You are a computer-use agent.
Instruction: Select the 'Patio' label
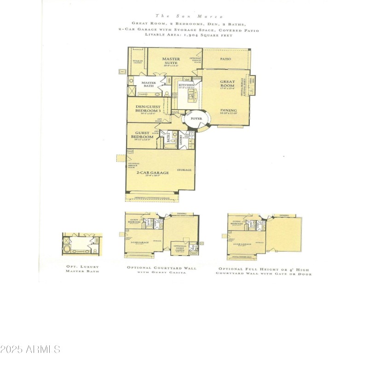pyautogui.click(x=225, y=59)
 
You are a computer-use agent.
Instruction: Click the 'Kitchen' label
pyautogui.click(x=186, y=86)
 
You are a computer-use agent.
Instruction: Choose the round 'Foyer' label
pyautogui.click(x=196, y=119)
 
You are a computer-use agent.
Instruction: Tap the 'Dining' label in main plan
pyautogui.click(x=228, y=110)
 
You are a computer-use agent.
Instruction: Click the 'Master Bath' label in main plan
pyautogui.click(x=149, y=85)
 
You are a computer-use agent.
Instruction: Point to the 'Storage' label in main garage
pyautogui.click(x=184, y=170)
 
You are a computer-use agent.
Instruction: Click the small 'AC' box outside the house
pyautogui.click(x=122, y=72)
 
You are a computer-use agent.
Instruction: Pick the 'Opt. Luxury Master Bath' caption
pyautogui.click(x=82, y=269)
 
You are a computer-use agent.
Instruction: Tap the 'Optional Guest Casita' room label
pyautogui.click(x=180, y=248)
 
